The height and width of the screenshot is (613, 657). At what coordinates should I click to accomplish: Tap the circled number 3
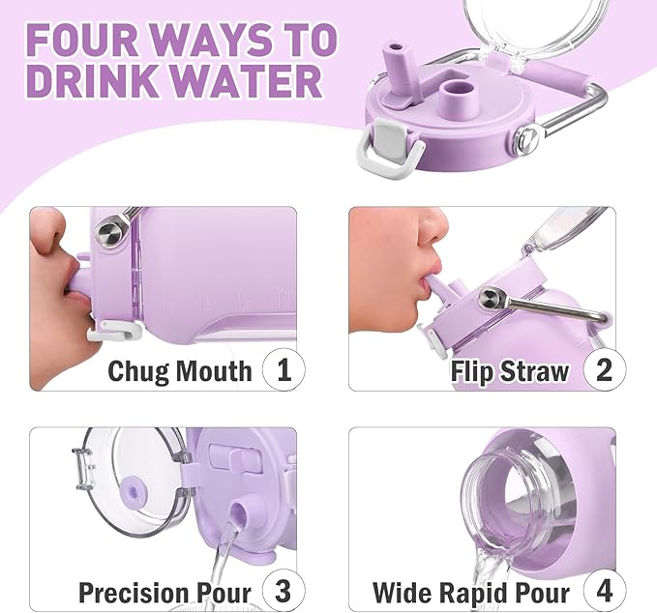284,591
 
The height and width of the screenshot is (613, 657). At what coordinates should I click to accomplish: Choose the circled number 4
604,591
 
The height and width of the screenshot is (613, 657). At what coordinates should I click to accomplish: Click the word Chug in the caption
141,370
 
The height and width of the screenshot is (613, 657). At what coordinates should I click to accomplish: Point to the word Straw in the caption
537,370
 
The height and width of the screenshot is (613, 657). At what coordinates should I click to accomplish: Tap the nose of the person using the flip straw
436,232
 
